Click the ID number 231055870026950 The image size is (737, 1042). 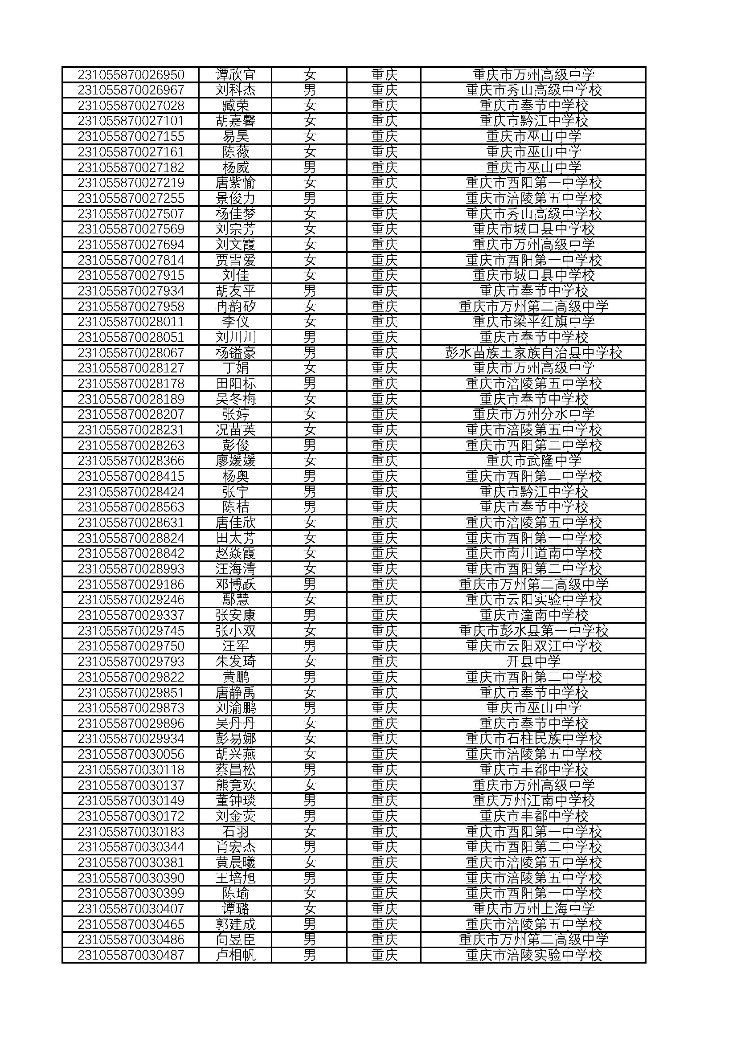click(x=131, y=74)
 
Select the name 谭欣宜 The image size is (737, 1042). click(x=236, y=74)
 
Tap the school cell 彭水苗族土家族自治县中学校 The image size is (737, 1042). click(x=533, y=353)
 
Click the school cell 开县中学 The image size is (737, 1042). click(x=533, y=661)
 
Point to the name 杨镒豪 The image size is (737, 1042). click(x=236, y=353)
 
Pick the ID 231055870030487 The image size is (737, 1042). click(x=131, y=955)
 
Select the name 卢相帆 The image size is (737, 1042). click(x=236, y=955)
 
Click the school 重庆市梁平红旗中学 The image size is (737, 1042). click(x=533, y=322)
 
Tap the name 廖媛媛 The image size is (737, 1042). click(x=236, y=461)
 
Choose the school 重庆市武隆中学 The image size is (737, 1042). click(x=533, y=461)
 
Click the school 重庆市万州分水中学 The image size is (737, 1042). click(x=533, y=414)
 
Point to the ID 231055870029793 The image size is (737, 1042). click(x=131, y=661)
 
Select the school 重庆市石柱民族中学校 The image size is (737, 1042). click(x=533, y=738)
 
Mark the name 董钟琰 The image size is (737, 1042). click(x=236, y=801)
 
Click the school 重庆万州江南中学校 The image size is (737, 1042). click(x=533, y=801)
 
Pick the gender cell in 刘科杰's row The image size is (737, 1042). click(x=310, y=90)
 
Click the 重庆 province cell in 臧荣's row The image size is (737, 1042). click(x=384, y=105)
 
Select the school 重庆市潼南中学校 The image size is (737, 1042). click(x=533, y=615)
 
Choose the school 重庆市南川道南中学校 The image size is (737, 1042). click(x=533, y=553)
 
